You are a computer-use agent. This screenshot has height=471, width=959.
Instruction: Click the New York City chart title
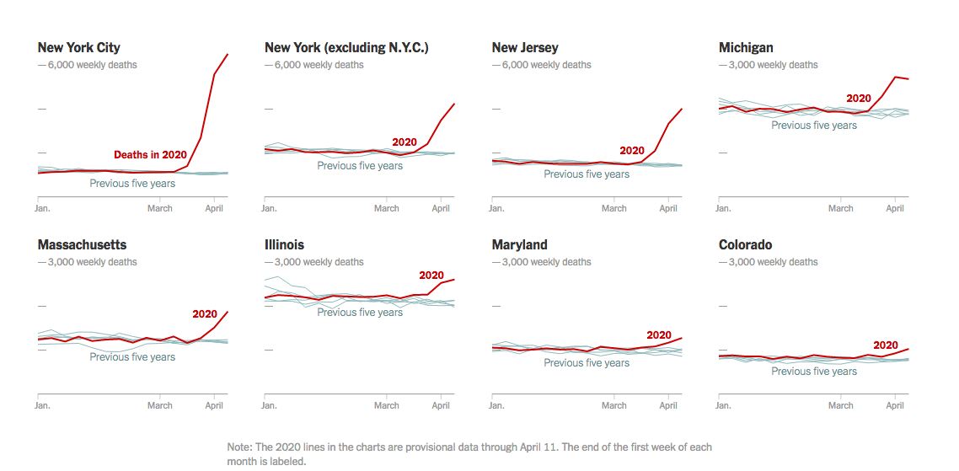(x=78, y=48)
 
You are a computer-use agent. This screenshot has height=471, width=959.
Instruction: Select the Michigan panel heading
(x=746, y=48)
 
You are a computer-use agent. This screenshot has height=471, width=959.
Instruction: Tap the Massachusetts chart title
(x=82, y=245)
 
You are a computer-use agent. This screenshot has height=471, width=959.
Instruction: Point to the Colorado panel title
(x=745, y=245)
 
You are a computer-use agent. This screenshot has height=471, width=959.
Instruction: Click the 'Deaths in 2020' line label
(x=150, y=155)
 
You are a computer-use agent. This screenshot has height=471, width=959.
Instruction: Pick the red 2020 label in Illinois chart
(x=431, y=276)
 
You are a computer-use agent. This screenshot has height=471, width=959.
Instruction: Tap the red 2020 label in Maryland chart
(x=658, y=335)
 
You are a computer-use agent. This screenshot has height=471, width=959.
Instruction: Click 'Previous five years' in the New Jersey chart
(x=587, y=174)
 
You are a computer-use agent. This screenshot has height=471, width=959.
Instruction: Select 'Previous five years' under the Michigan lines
(x=814, y=126)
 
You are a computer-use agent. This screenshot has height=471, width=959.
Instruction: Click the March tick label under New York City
(x=160, y=208)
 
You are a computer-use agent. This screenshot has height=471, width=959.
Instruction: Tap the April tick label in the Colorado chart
(x=895, y=405)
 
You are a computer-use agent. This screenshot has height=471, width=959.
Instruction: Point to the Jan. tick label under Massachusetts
(x=42, y=405)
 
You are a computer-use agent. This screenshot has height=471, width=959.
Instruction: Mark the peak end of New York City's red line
(x=228, y=55)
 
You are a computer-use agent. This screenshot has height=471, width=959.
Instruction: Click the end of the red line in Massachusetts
(x=228, y=312)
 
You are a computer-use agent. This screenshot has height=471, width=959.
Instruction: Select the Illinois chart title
(x=284, y=245)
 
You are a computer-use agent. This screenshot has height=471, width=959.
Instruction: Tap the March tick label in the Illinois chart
(x=387, y=405)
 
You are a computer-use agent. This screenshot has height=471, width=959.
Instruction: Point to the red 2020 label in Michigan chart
(x=858, y=99)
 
